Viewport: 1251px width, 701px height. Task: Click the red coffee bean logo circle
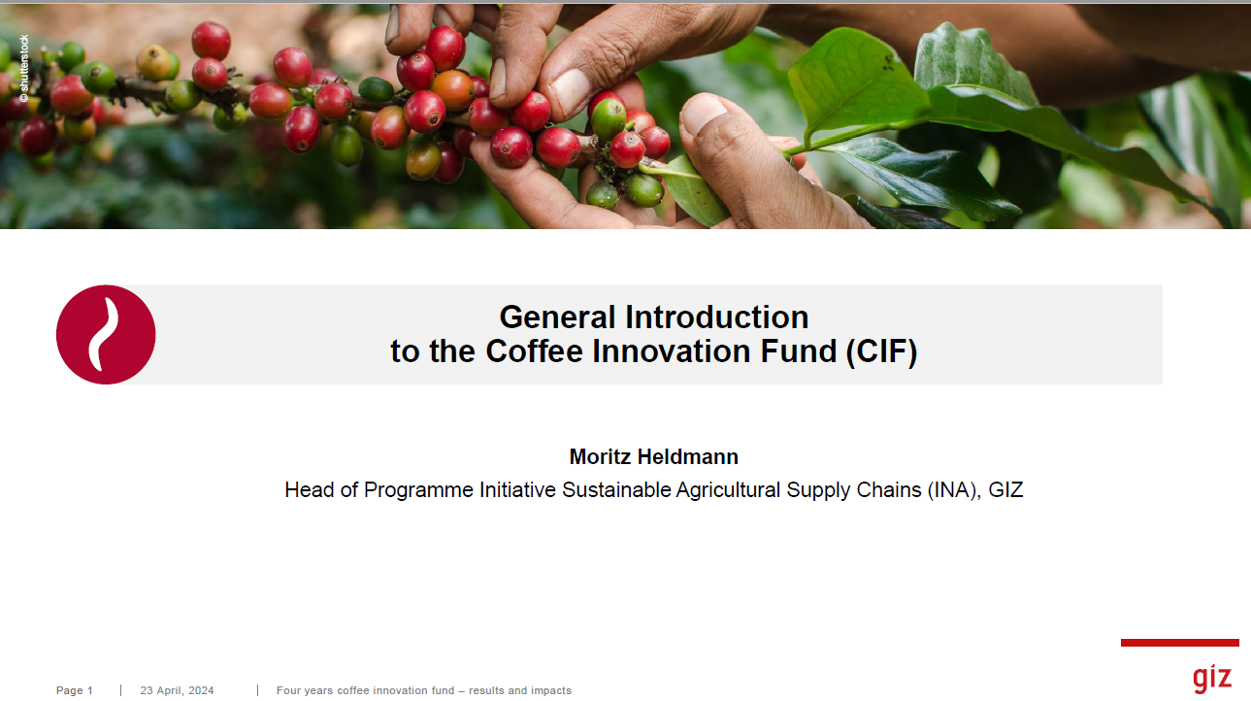106,335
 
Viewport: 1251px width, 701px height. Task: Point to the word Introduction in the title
717,317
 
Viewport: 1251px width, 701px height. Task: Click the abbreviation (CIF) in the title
881,351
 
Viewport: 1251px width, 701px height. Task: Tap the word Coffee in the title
535,351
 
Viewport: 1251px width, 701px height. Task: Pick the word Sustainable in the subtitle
616,490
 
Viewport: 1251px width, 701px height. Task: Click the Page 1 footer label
75,690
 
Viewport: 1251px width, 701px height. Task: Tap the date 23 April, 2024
177,690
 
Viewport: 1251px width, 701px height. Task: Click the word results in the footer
486,690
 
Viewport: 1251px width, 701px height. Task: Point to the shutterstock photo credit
24,69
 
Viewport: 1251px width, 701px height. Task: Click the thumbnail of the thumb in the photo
704,114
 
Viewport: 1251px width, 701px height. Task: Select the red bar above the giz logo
1180,643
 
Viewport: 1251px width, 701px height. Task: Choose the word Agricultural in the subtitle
728,490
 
